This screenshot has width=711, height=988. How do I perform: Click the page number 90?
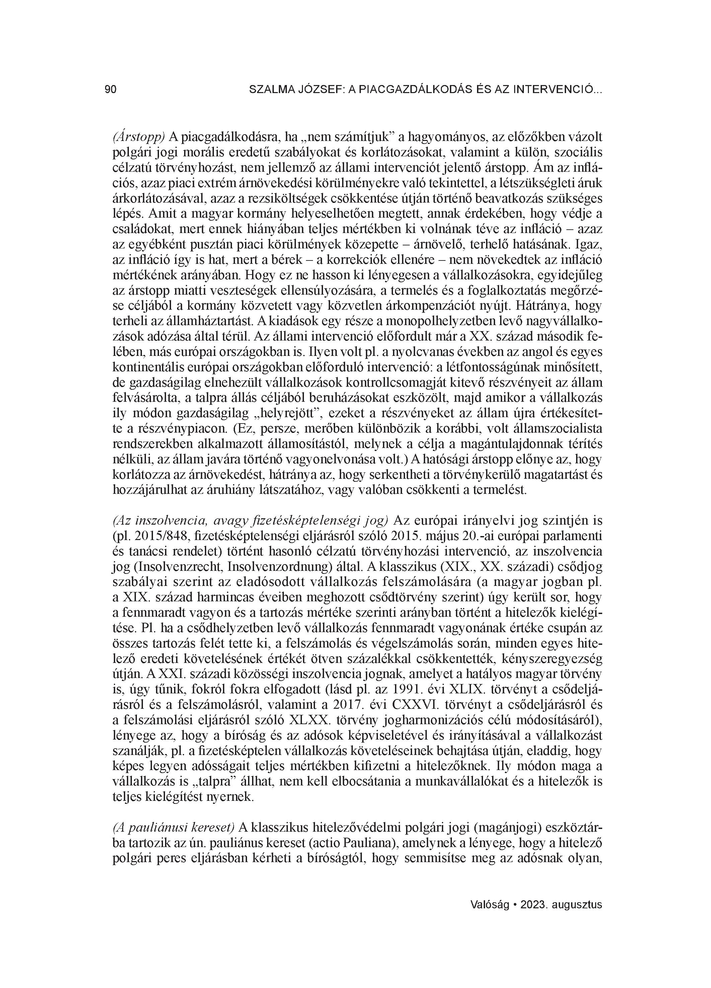[x=111, y=90]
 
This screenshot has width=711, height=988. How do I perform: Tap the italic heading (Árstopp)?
[x=139, y=138]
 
